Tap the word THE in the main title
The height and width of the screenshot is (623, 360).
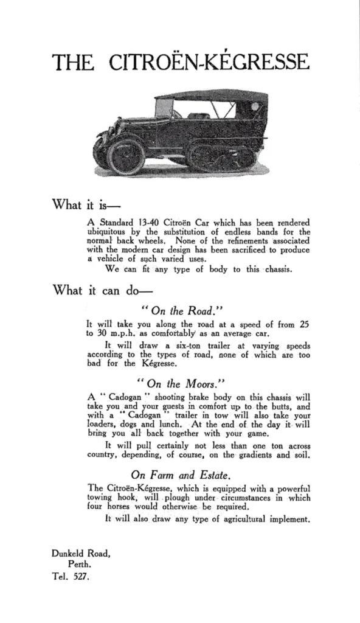point(73,63)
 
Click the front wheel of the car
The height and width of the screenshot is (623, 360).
point(125,154)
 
